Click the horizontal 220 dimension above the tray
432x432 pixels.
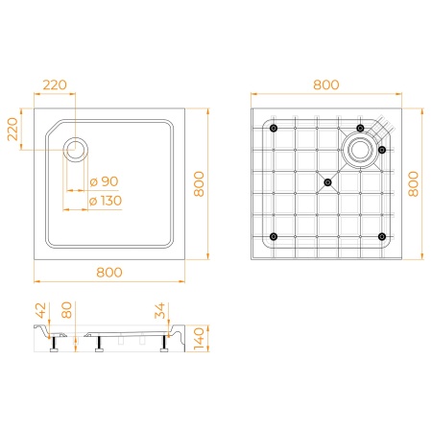(55, 85)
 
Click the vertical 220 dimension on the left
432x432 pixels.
(13, 129)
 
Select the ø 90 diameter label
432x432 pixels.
(105, 181)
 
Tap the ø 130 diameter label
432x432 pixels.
(106, 201)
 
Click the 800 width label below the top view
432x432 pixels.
(109, 273)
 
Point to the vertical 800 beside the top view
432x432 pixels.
(199, 184)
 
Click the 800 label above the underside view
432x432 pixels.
(326, 85)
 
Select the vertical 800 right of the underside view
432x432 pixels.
(414, 184)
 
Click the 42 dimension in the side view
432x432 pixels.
(41, 311)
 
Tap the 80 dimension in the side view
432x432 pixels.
(66, 310)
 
